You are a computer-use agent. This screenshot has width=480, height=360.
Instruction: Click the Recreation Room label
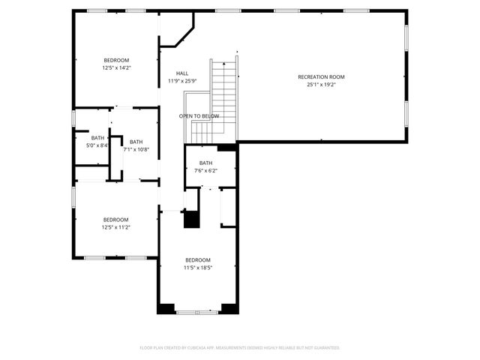(320, 77)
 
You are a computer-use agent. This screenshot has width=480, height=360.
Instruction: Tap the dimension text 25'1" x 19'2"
(320, 85)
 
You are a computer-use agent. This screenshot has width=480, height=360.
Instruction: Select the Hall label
(182, 73)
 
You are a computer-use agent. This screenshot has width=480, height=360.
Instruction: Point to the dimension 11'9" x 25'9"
(182, 81)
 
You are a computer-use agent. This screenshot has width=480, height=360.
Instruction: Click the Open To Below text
(199, 116)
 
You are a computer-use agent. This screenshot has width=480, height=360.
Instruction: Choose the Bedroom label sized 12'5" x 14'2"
(116, 60)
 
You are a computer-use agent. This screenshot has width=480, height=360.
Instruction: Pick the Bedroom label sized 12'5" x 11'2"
(116, 220)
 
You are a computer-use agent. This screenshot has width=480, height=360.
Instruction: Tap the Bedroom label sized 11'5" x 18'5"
(199, 259)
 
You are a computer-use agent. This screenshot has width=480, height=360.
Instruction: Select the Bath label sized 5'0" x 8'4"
(97, 138)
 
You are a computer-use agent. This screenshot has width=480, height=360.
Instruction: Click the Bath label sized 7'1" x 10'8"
(136, 142)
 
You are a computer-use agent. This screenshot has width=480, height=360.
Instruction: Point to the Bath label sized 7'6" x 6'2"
(205, 163)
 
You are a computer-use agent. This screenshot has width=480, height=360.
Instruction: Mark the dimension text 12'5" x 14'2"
(116, 67)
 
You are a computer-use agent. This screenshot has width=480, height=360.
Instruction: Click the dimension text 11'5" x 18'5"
(199, 267)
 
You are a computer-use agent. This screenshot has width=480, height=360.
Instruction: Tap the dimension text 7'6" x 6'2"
(205, 170)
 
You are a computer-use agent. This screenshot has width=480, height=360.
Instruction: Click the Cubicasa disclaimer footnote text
(240, 347)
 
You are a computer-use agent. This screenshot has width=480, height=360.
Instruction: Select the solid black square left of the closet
(192, 220)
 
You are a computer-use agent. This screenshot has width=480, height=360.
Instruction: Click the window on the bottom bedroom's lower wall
(198, 311)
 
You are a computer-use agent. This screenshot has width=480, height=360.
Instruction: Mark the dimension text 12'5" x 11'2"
(116, 227)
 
